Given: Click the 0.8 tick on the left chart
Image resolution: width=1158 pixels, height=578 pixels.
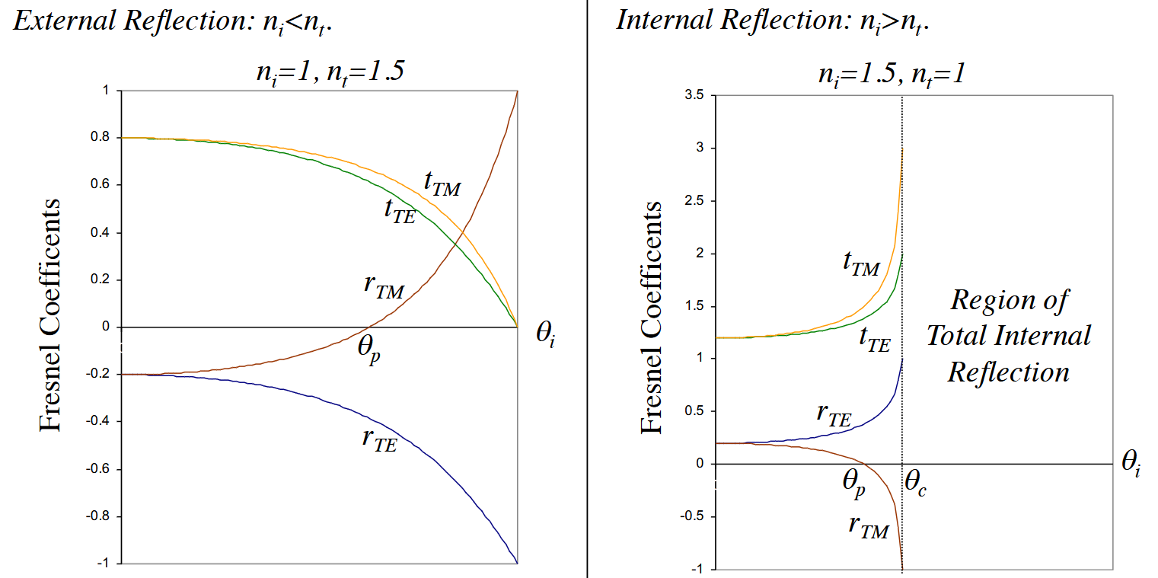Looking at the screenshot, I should click(101, 138).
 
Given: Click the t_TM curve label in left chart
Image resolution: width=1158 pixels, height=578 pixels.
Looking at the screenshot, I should click(442, 183).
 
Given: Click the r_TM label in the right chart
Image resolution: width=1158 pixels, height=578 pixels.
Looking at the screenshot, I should click(869, 526).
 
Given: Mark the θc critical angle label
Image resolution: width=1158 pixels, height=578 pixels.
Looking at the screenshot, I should click(915, 483).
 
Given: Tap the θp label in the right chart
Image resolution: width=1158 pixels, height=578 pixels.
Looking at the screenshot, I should click(853, 483).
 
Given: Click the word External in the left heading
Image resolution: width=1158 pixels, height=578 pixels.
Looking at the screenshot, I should click(61, 21).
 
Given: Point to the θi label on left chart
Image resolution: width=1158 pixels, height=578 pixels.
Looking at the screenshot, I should click(545, 336).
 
